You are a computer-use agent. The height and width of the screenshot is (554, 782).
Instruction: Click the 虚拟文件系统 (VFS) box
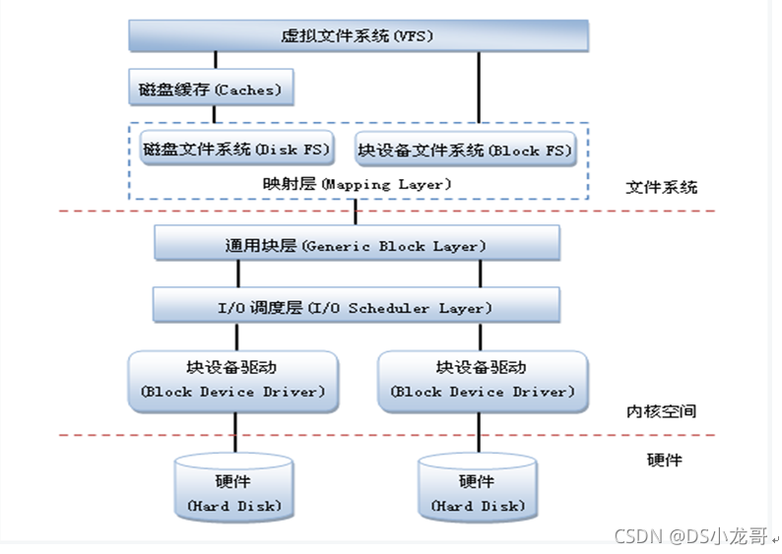(358, 35)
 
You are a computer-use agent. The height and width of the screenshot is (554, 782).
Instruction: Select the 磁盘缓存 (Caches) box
(211, 88)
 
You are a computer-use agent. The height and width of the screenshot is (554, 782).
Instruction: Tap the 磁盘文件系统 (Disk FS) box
(237, 148)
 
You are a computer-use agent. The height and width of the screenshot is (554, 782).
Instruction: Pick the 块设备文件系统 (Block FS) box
(465, 149)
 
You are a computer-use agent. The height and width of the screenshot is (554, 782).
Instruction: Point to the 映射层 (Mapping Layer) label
(358, 184)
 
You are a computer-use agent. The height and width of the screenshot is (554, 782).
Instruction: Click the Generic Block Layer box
(358, 243)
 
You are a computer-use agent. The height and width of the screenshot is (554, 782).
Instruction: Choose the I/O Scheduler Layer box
(357, 305)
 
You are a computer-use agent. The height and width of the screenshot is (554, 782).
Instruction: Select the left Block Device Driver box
(233, 382)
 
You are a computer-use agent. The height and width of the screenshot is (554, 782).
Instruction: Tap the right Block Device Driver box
(483, 382)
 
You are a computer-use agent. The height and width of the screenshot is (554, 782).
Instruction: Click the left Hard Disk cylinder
(233, 487)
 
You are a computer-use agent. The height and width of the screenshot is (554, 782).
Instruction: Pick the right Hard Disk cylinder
(478, 487)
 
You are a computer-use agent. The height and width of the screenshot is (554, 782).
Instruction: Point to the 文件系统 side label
(661, 187)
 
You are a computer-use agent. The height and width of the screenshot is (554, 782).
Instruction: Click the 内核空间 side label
(661, 411)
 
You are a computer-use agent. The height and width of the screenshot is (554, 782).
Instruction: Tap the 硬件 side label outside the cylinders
(664, 460)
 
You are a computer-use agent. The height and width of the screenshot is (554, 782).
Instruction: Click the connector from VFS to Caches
(216, 60)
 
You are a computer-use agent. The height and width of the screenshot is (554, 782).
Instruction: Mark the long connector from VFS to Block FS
(479, 88)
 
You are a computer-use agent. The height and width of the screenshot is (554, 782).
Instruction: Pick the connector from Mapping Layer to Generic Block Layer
(356, 213)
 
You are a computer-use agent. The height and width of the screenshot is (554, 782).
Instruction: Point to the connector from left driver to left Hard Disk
(235, 433)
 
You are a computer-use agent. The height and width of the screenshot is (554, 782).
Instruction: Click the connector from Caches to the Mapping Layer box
(215, 114)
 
